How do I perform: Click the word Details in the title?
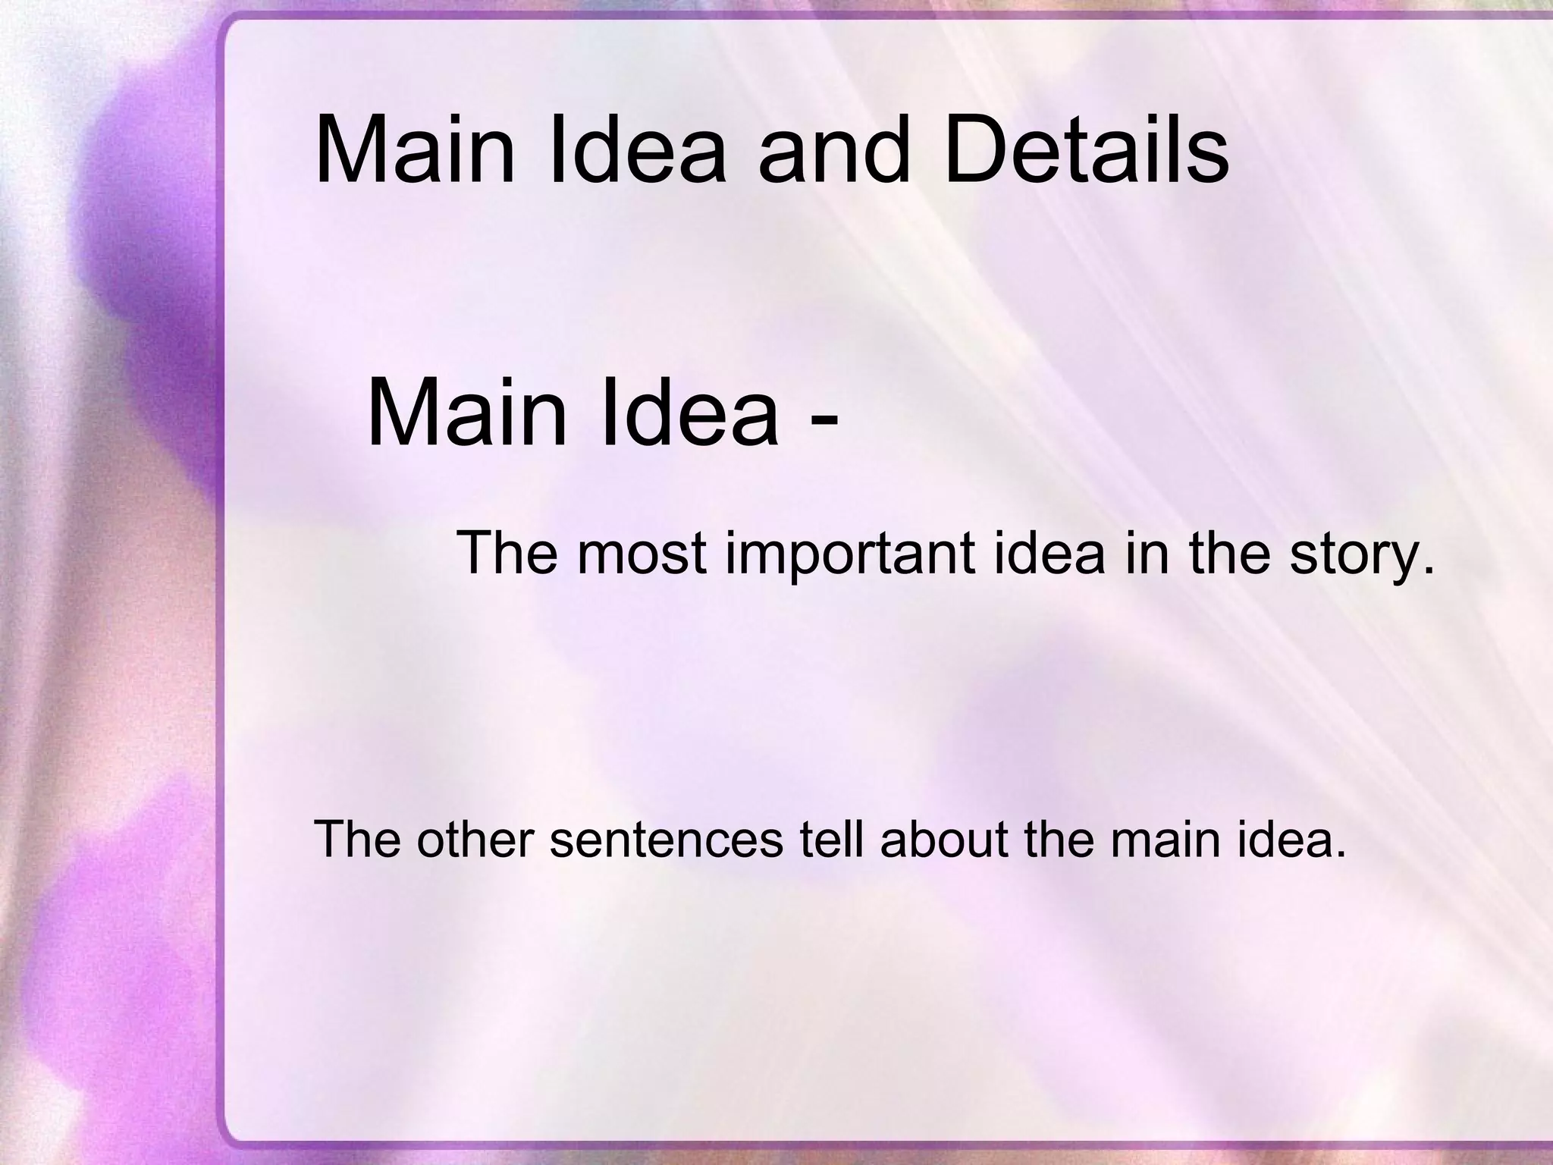coord(1085,151)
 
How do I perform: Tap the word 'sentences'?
coord(666,840)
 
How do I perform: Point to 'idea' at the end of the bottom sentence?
coord(1290,840)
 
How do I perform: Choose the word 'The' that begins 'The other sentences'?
coord(356,840)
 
